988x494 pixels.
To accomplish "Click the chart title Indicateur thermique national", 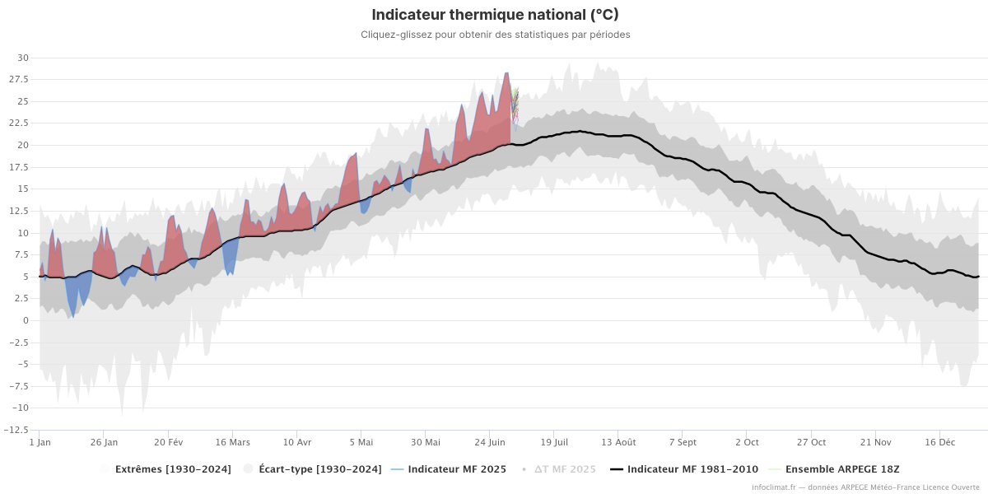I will coord(495,15).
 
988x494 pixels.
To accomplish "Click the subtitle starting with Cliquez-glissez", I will coord(495,35).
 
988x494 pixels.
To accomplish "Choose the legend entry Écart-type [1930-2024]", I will coord(319,469).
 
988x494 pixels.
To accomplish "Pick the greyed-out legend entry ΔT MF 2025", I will coord(564,469).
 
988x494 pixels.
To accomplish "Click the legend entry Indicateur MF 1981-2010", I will coord(692,469).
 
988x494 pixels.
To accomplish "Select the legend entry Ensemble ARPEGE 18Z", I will coord(835,469).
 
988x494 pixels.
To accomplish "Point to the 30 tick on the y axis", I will coord(23,58).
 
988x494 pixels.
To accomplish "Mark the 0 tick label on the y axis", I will coord(26,320).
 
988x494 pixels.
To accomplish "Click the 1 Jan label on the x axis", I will coord(40,442).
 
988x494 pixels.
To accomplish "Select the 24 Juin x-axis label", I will coord(490,442).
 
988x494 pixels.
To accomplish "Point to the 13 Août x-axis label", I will coord(618,442).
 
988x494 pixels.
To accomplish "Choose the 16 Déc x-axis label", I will coord(940,442).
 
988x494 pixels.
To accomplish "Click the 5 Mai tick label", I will coord(361,442).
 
